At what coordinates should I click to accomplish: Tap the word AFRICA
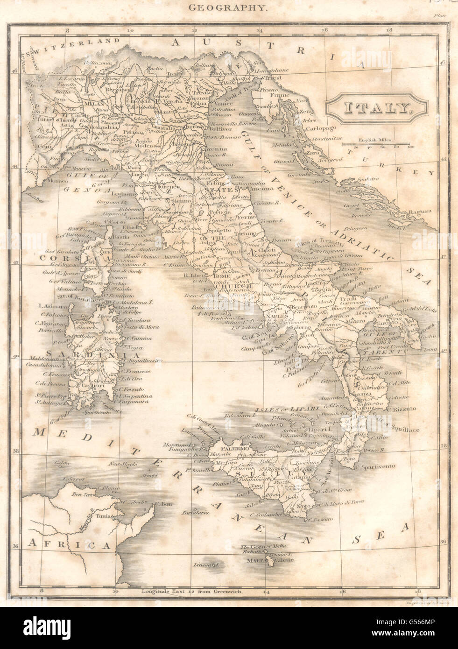point(70,544)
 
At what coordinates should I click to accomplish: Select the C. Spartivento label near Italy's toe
point(376,466)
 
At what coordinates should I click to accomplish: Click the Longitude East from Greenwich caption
point(191,592)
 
